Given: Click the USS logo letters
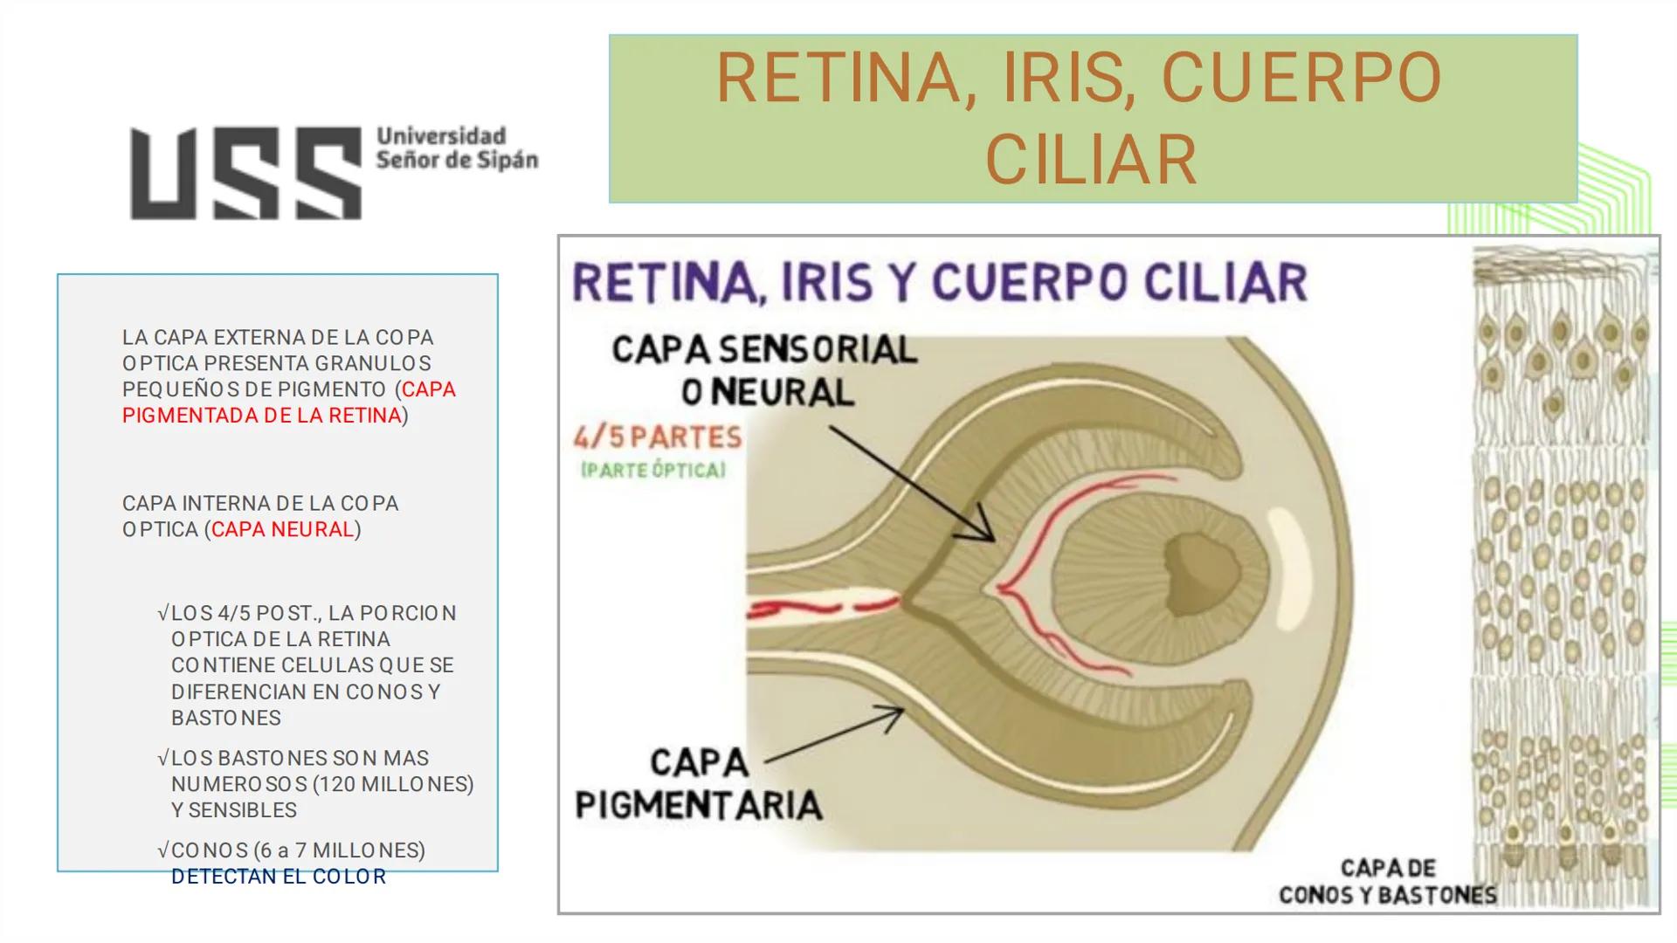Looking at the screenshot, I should (x=245, y=173).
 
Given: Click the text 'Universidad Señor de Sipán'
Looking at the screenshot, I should (x=456, y=148).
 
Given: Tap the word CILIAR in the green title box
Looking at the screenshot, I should (x=1091, y=160).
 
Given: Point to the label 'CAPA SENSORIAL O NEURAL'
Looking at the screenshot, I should (x=765, y=371).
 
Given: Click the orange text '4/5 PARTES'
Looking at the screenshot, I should (x=658, y=436).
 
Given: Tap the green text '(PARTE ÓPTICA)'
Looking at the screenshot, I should (x=652, y=471).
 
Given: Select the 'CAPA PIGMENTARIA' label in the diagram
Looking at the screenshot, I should (x=699, y=784).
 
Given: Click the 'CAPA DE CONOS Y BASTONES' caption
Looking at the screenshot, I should (x=1387, y=881).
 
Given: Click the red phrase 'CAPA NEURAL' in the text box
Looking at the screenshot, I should (x=283, y=529).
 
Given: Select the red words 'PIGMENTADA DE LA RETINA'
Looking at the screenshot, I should (x=261, y=416).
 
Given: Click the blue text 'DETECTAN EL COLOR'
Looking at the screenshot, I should (x=279, y=877).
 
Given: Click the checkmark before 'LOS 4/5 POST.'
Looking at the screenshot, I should (x=162, y=614).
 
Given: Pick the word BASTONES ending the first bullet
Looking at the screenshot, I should (x=226, y=718).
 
